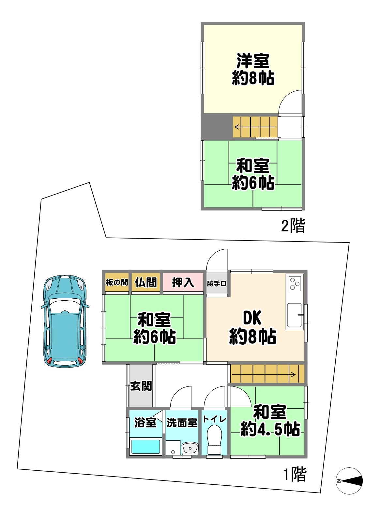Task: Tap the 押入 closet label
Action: tap(183, 283)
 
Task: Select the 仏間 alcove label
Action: tap(145, 282)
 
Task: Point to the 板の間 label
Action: tap(117, 282)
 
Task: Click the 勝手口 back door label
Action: tap(217, 283)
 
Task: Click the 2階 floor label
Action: tap(293, 225)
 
